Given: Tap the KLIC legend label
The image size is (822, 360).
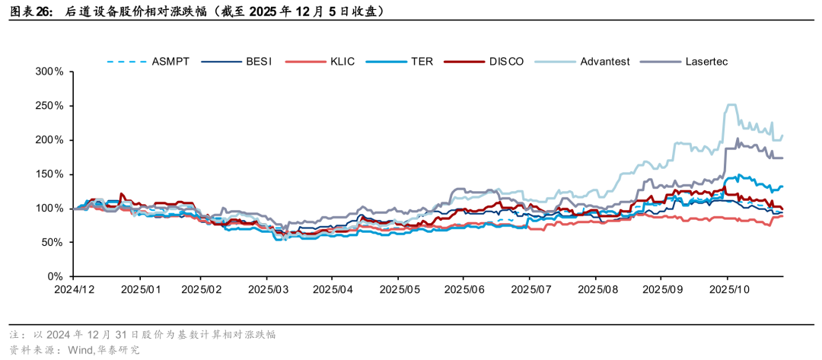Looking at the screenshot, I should (x=342, y=61).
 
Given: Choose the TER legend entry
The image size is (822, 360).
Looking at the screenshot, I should (x=422, y=61).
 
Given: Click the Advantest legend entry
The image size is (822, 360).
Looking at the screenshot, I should (x=604, y=61).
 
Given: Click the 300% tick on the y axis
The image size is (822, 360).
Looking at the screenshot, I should (x=49, y=72).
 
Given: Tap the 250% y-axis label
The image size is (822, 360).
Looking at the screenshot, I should (x=49, y=106).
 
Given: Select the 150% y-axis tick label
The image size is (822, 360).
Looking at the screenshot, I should (x=49, y=174).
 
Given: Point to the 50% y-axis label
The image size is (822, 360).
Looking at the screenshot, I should (x=53, y=242).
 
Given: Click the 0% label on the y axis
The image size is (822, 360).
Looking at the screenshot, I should (x=56, y=276).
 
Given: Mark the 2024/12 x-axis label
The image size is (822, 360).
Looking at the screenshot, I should (x=74, y=290).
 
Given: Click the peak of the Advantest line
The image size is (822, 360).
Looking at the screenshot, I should (x=730, y=105).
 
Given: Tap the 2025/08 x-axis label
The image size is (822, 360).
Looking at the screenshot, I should (x=596, y=290).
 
